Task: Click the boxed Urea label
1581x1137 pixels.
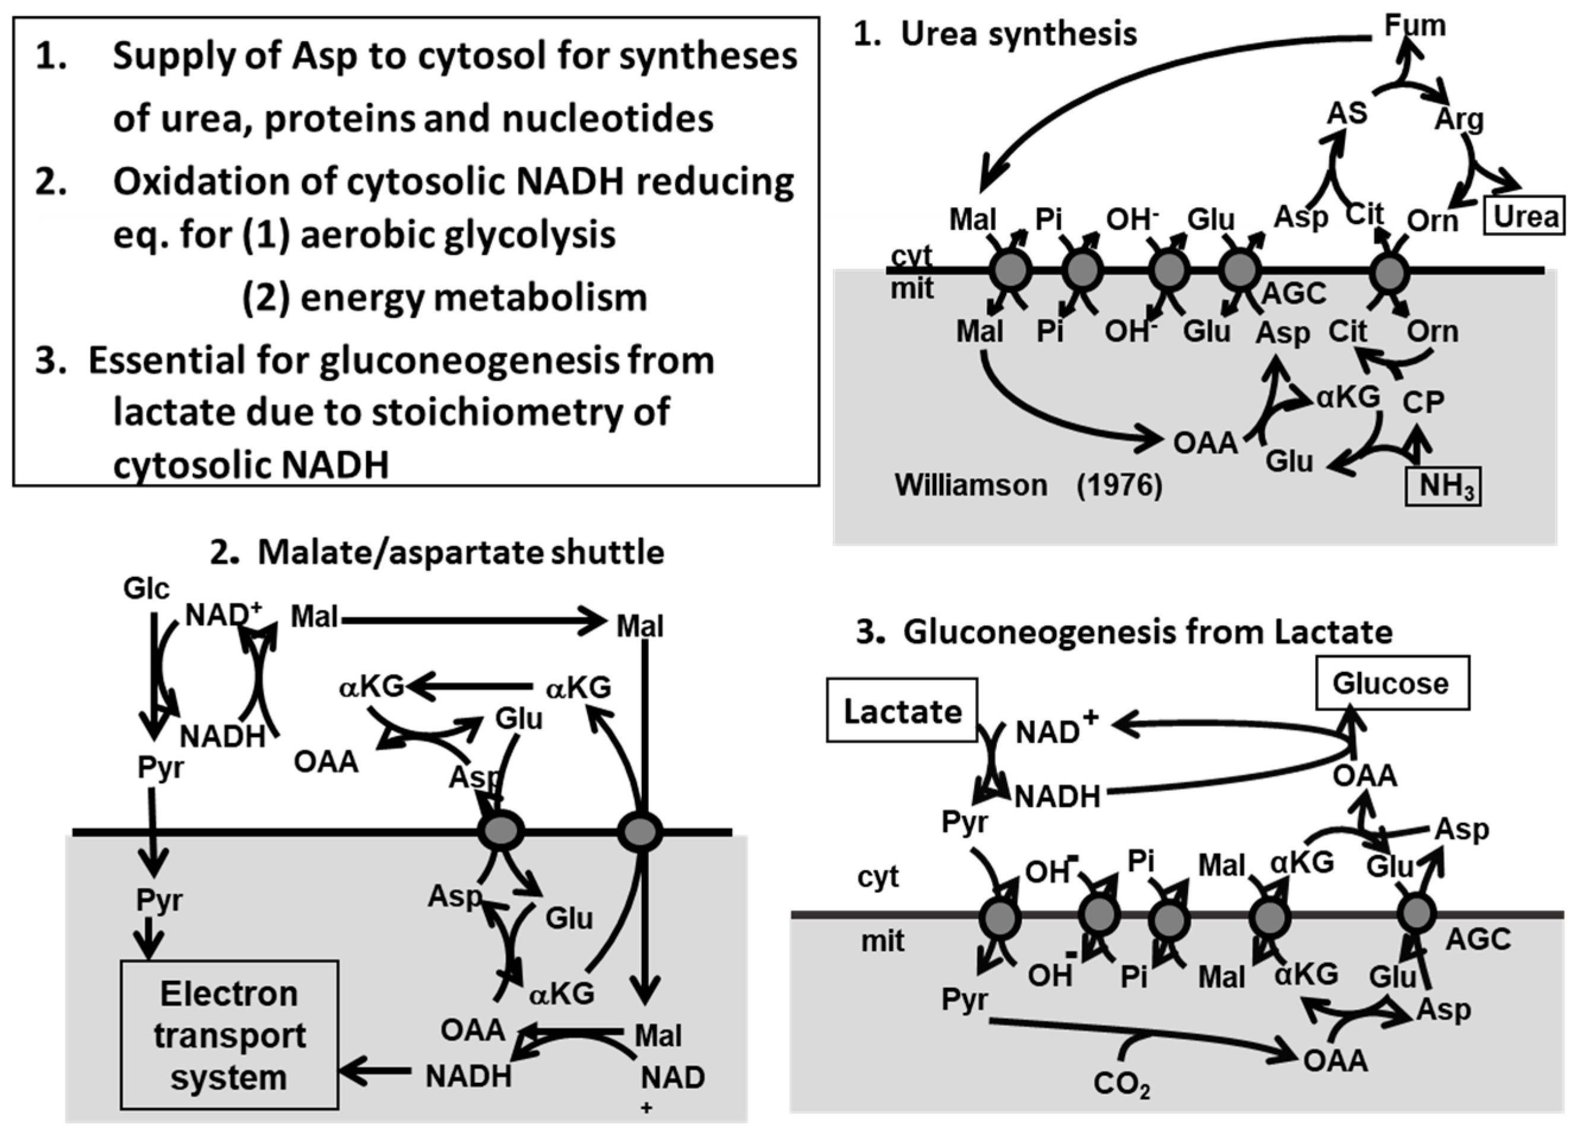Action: (x=1525, y=217)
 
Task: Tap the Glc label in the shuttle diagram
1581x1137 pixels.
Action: (x=147, y=588)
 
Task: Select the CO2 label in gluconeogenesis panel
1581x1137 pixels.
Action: (x=1121, y=1084)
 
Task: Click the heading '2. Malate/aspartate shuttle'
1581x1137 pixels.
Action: (x=437, y=552)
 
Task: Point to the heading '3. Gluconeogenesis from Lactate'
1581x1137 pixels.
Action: (x=1124, y=632)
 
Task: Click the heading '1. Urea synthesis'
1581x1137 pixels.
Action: (x=995, y=33)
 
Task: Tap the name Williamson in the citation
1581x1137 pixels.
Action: (x=970, y=485)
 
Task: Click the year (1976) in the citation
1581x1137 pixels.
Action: (x=1120, y=485)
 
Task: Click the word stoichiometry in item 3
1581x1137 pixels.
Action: (x=521, y=412)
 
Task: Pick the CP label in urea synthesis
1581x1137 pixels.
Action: (x=1422, y=402)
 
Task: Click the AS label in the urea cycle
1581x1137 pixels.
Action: (x=1346, y=113)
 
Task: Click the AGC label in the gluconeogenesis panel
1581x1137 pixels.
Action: (x=1478, y=939)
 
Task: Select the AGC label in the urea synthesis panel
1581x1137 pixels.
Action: (x=1293, y=293)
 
